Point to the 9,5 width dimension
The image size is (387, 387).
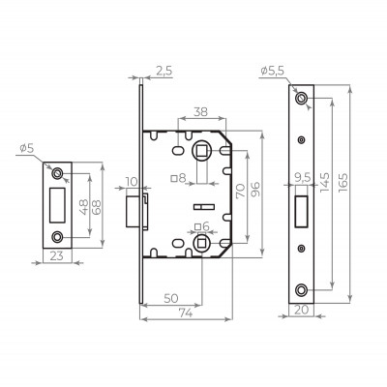pyautogui.click(x=302, y=176)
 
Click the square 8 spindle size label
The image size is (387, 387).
pyautogui.click(x=177, y=177)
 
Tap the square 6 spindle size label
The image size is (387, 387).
pyautogui.click(x=198, y=226)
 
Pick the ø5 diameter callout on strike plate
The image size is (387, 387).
pyautogui.click(x=25, y=148)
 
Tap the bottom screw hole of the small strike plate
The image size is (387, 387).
pyautogui.click(x=57, y=235)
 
